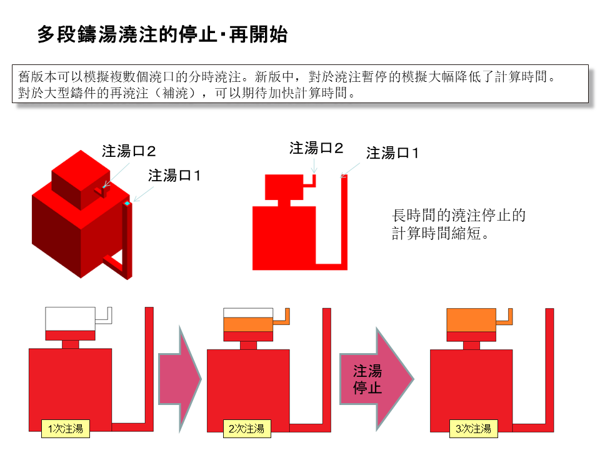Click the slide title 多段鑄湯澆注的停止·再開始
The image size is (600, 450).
tap(162, 35)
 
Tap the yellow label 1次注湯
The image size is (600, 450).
tap(64, 428)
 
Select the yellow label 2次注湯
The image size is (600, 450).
tap(246, 428)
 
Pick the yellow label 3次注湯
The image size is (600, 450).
tap(473, 428)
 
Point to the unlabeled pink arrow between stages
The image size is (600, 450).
tap(179, 379)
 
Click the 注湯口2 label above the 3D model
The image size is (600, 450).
tap(129, 151)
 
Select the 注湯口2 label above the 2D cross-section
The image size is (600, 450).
tap(316, 148)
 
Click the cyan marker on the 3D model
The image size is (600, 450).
tap(127, 204)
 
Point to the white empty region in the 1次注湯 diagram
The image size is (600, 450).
tap(70, 317)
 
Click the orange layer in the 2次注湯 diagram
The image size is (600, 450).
tap(248, 324)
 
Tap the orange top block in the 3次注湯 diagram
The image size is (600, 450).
tap(471, 320)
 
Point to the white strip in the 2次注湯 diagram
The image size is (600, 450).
tap(248, 312)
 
